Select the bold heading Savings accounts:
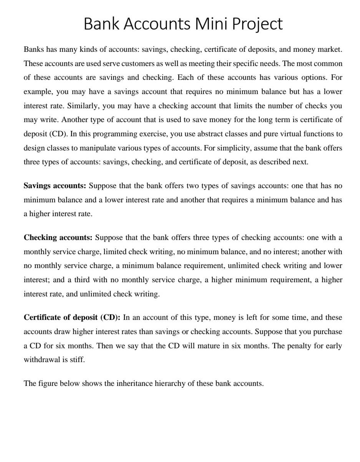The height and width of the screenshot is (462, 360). coord(55,186)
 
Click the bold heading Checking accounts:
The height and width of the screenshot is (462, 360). coord(58,238)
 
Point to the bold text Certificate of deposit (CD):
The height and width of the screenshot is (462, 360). coord(72,318)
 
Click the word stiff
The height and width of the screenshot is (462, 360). coord(78,360)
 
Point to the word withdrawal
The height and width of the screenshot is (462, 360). coord(42,360)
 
